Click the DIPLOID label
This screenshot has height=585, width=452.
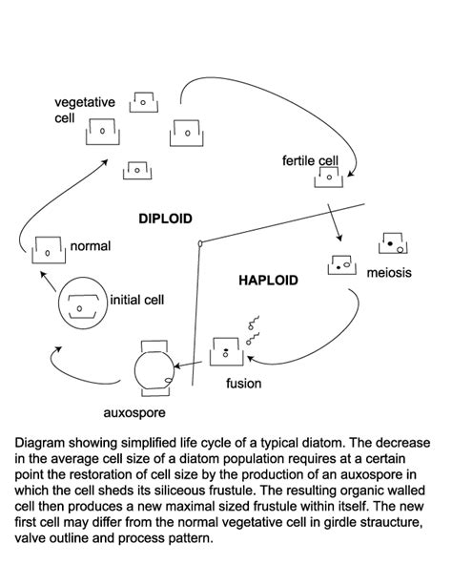[165, 219]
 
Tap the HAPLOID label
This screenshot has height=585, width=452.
[268, 281]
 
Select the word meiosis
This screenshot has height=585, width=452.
[389, 273]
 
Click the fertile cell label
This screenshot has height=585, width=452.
[310, 160]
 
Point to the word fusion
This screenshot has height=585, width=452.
[243, 383]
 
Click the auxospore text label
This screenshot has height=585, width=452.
[134, 413]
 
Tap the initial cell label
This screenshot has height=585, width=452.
[137, 300]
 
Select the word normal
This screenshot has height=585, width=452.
[91, 246]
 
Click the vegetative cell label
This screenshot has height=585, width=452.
[85, 110]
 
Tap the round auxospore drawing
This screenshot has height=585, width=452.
[135, 369]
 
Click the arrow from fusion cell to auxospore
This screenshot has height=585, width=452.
[189, 365]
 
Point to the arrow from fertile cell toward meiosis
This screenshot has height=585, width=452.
[334, 222]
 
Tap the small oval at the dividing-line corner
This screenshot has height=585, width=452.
[200, 243]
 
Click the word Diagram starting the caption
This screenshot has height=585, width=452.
[39, 443]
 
